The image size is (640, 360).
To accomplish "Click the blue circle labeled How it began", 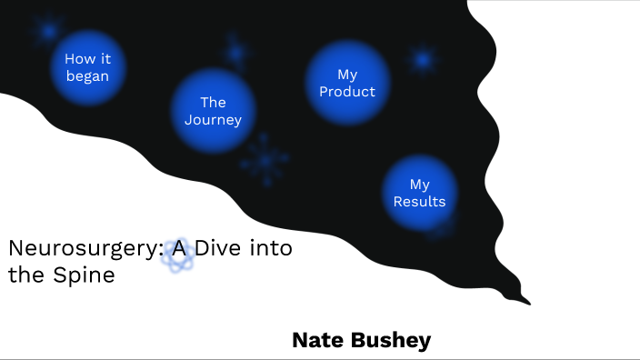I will coord(87,66).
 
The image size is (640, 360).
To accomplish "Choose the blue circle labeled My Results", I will coord(419,193).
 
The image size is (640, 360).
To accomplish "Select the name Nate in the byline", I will coord(319,340).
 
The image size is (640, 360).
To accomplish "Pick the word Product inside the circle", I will coord(347,91).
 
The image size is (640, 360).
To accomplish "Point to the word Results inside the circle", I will coord(419,201).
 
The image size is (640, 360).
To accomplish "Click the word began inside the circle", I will coord(87,75).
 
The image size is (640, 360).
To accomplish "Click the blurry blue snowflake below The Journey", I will coord(265,160).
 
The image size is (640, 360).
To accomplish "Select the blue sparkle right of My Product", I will coord(423,60).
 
